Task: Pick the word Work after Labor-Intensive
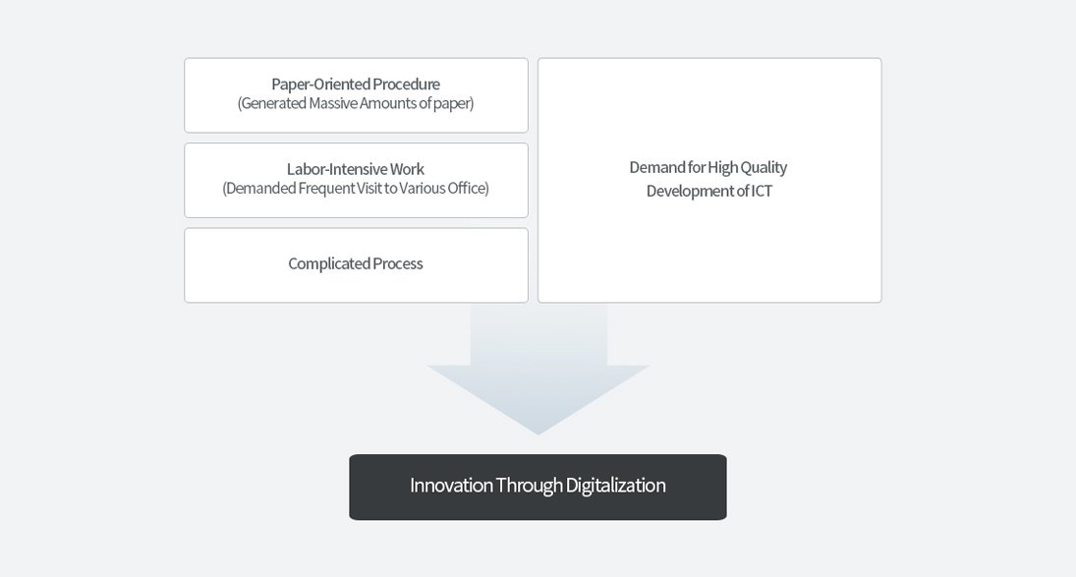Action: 407,169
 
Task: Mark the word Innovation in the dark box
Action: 451,486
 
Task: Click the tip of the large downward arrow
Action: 538,435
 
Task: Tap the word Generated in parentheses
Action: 273,103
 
